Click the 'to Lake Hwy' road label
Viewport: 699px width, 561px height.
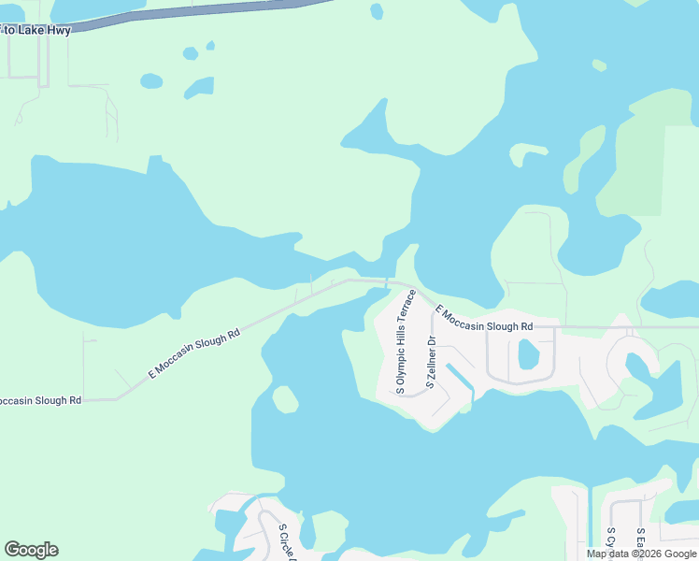tap(37, 30)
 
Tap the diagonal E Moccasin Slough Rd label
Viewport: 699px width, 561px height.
tap(194, 353)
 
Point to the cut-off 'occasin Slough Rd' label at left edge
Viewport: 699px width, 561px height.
tap(40, 400)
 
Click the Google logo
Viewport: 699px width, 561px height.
tap(31, 550)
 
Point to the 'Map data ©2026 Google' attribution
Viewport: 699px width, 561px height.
tap(640, 554)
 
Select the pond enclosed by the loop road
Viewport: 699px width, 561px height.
tap(528, 354)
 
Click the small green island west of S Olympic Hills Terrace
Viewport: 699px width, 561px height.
tap(285, 399)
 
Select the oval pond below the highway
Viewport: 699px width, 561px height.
tap(151, 81)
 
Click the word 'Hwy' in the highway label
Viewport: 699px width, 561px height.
tap(59, 30)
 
